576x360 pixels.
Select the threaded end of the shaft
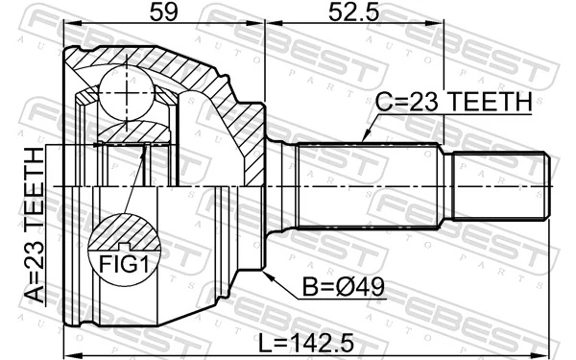(500, 183)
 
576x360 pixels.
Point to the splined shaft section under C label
(370, 183)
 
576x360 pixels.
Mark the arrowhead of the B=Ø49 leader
(267, 273)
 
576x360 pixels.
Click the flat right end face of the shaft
(548, 183)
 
